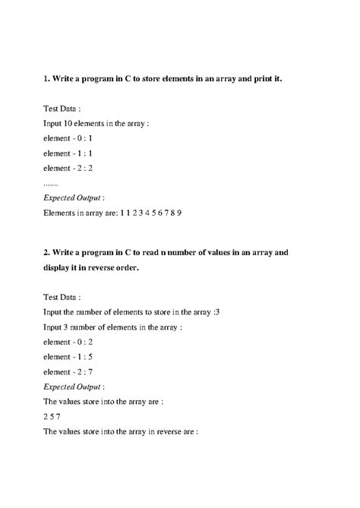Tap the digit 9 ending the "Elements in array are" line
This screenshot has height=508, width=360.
179,213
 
